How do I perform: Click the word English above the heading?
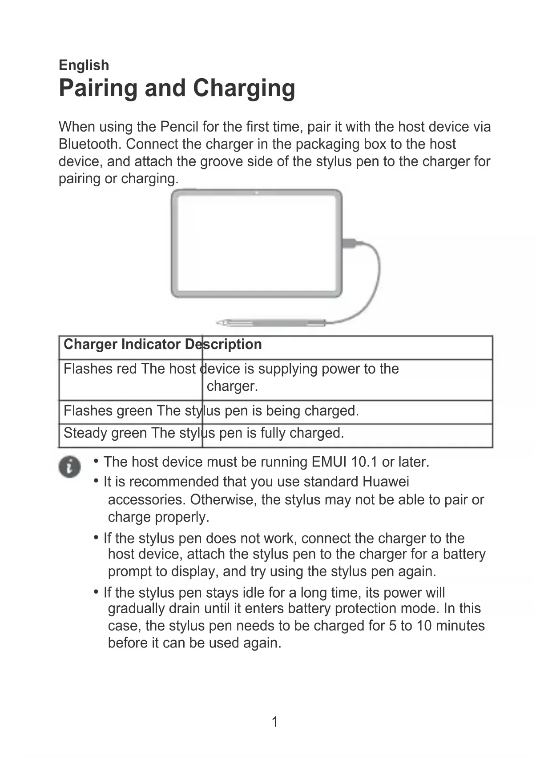click(84, 65)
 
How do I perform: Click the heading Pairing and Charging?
click(177, 88)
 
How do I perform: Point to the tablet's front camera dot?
click(257, 193)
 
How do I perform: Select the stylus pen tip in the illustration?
click(221, 322)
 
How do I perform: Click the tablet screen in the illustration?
click(257, 244)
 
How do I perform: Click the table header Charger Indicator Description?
click(162, 345)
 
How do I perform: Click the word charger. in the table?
click(232, 386)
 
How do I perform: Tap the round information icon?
click(70, 467)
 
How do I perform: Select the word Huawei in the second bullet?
click(386, 482)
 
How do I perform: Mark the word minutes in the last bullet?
click(460, 626)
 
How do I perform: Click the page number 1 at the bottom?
click(275, 721)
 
